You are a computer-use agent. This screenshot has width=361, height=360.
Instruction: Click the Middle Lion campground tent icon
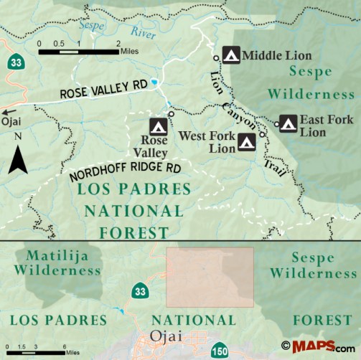point(231,55)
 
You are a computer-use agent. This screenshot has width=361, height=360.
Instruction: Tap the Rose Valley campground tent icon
point(159,126)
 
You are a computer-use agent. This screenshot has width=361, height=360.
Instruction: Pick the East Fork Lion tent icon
point(289,123)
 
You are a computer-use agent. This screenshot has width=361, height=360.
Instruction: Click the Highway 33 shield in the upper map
point(14,63)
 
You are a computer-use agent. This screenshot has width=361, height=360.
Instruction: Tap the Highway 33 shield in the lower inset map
point(139,291)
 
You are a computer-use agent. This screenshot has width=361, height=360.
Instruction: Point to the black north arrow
point(18,160)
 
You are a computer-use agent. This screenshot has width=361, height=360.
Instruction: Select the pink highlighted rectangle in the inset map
point(210,276)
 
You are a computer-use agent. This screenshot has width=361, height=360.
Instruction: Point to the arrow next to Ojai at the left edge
point(8,112)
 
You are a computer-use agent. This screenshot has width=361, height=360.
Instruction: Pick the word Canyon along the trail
point(241,111)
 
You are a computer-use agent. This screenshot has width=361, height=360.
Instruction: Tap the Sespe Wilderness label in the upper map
point(310,82)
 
